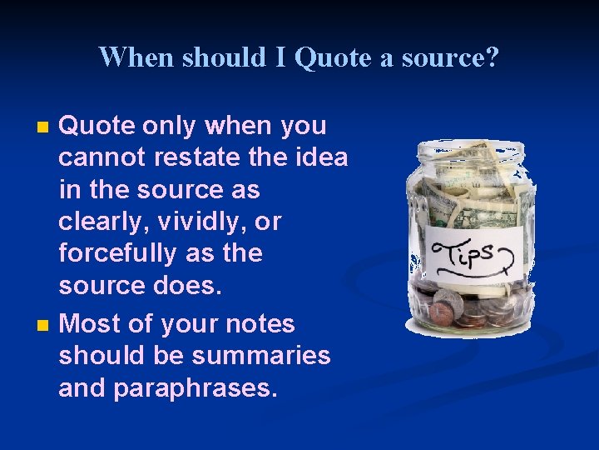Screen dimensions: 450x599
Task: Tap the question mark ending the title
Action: pyautogui.click(x=493, y=57)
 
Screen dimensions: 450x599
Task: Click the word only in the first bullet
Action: pyautogui.click(x=170, y=126)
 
